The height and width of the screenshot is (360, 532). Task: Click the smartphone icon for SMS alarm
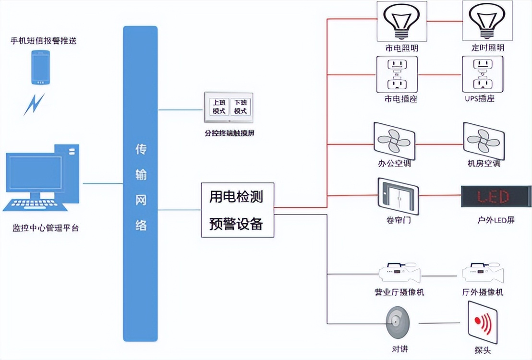(41, 67)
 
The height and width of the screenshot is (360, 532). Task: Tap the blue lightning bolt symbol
(34, 104)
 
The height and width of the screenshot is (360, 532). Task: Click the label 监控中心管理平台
(46, 228)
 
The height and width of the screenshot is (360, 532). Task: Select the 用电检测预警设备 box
(237, 210)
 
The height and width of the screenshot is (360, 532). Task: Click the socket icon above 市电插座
(397, 74)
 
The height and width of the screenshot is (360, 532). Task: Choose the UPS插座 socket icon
(483, 74)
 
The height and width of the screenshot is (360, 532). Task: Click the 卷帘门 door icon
(398, 195)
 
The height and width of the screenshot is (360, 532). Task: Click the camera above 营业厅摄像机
(399, 274)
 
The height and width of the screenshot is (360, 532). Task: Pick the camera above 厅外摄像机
(483, 274)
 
